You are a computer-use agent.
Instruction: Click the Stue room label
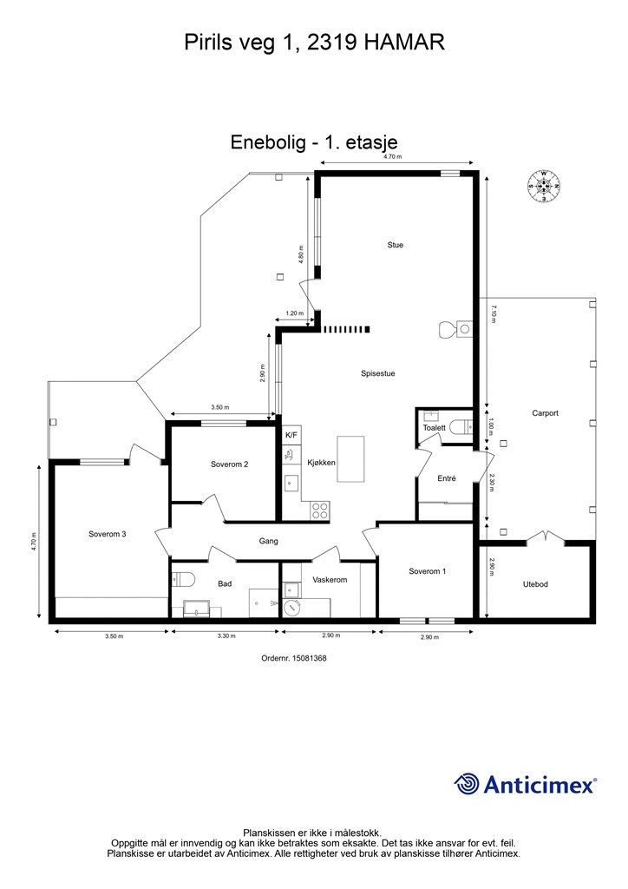pos(396,245)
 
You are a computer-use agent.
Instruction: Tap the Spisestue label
pos(377,373)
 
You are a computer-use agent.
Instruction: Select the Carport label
pos(545,413)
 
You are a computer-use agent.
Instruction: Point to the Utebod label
pos(535,584)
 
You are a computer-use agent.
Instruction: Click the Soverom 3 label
pos(107,534)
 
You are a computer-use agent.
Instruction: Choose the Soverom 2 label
pos(229,464)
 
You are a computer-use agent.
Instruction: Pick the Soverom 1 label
pos(427,571)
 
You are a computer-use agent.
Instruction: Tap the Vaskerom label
pos(330,580)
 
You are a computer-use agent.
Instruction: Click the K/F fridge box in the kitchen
pos(291,436)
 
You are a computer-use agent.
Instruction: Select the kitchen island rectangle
pos(350,458)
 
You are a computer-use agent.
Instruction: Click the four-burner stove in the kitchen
pos(320,510)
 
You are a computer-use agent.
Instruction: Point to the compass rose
pos(544,186)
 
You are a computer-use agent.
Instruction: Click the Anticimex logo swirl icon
pos(467,784)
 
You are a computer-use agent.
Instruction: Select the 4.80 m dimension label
pos(301,254)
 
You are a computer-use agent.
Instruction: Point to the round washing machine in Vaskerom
pos(292,607)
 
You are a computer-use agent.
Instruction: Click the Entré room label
pos(446,478)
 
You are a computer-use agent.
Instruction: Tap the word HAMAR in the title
pos(403,43)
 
